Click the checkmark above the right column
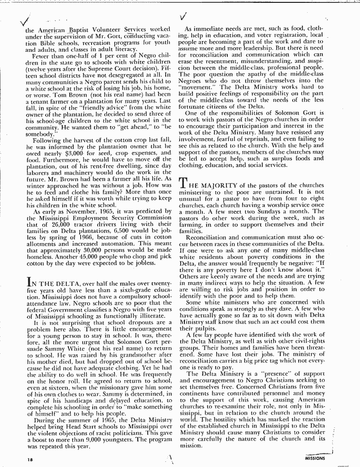tap(184, 17)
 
